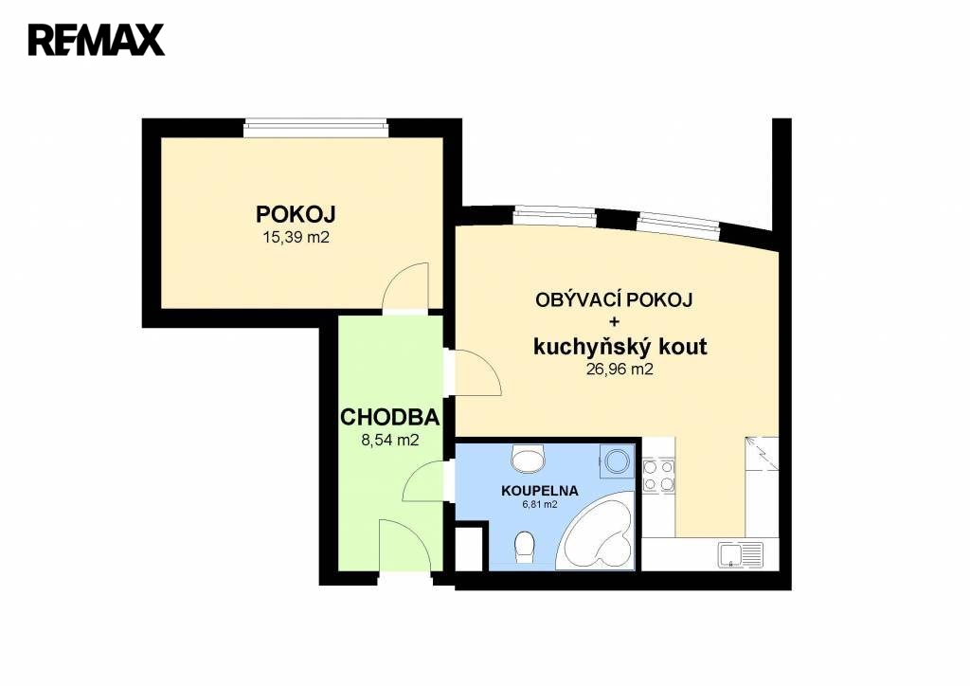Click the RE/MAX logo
click(97, 40)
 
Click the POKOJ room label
click(296, 215)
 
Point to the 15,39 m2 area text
click(296, 237)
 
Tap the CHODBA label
click(389, 418)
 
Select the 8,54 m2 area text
click(389, 440)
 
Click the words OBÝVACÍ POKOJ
click(614, 300)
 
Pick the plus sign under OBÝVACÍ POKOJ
click(614, 321)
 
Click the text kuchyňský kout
click(620, 347)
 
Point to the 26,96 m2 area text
click(620, 370)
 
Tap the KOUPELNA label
click(539, 491)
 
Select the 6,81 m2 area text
click(540, 505)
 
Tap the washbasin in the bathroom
click(529, 459)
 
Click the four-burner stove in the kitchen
click(658, 476)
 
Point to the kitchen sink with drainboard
click(741, 555)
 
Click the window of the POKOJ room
click(316, 128)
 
